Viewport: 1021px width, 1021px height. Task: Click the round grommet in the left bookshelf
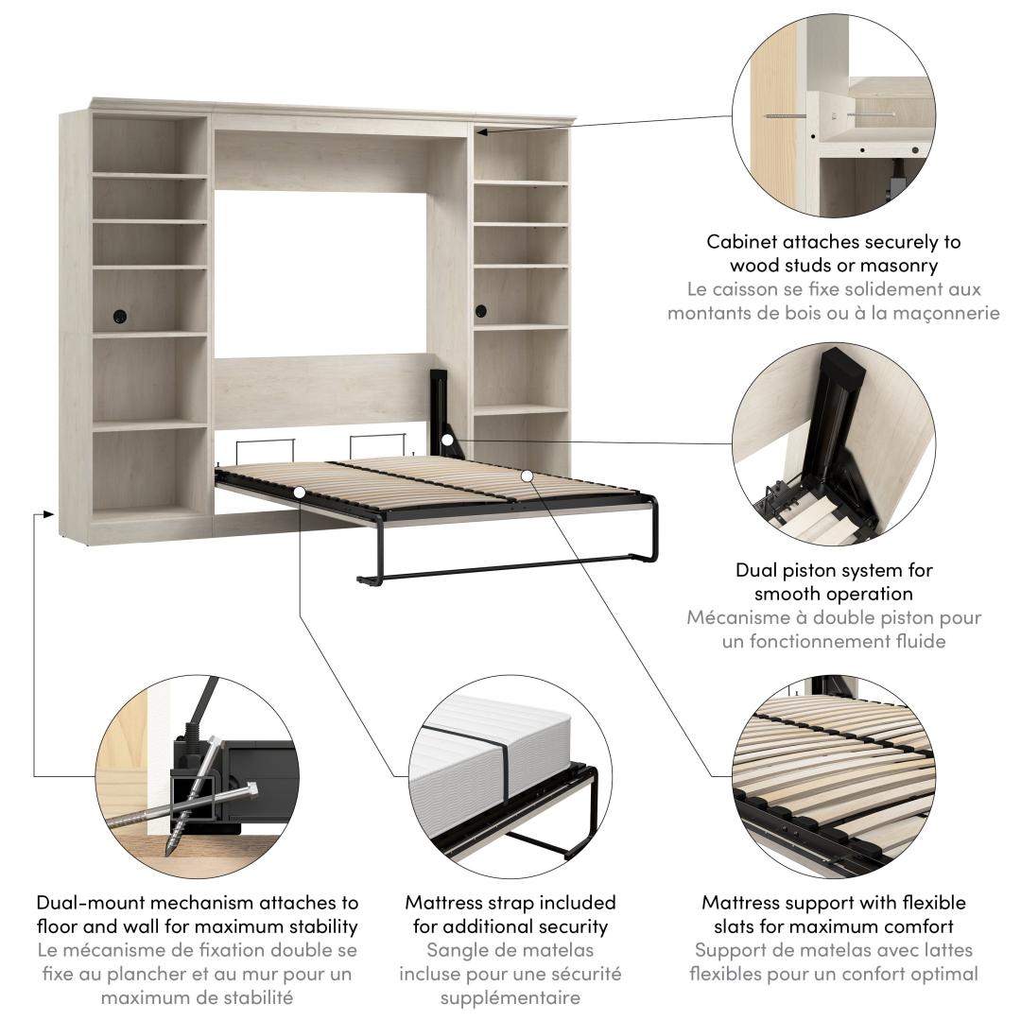pyautogui.click(x=120, y=317)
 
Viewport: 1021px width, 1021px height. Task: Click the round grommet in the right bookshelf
pyautogui.click(x=481, y=311)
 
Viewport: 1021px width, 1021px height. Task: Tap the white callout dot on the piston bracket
pyautogui.click(x=447, y=441)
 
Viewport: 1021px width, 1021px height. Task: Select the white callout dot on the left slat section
pyautogui.click(x=299, y=493)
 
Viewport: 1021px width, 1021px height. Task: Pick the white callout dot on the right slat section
pyautogui.click(x=528, y=476)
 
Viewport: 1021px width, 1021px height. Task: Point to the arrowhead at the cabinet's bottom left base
pyautogui.click(x=49, y=513)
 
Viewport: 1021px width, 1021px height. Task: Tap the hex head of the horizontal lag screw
pyautogui.click(x=252, y=789)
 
